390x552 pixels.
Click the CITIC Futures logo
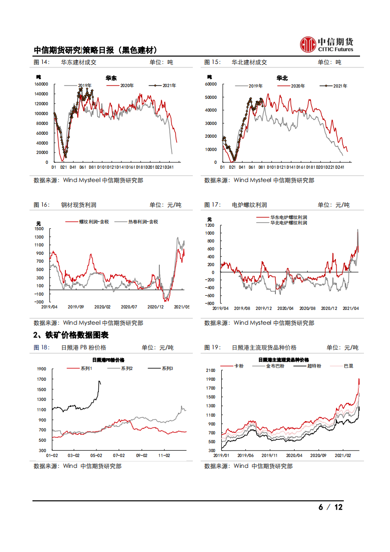click(x=327, y=44)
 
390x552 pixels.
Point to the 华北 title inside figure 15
click(x=282, y=78)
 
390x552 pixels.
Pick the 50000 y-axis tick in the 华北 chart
click(x=211, y=97)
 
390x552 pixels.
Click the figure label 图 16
click(x=42, y=205)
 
